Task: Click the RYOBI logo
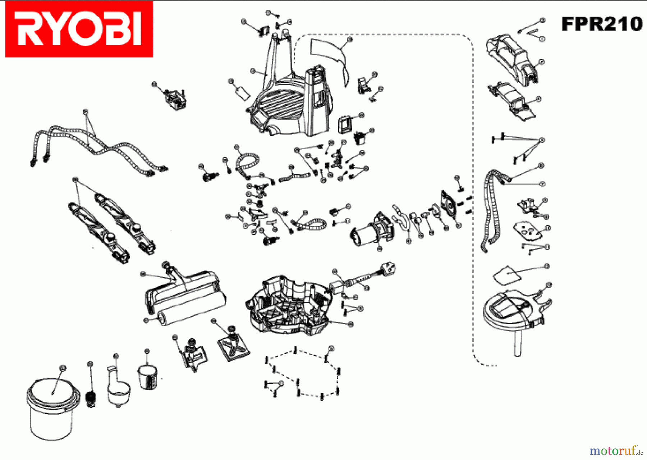pos(79,29)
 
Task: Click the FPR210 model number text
pos(602,24)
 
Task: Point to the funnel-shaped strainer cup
pos(119,390)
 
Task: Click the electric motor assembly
pos(372,230)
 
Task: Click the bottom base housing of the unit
pos(288,306)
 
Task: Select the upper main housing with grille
pos(288,104)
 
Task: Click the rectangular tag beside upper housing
pos(243,93)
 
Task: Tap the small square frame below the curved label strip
pos(345,124)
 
